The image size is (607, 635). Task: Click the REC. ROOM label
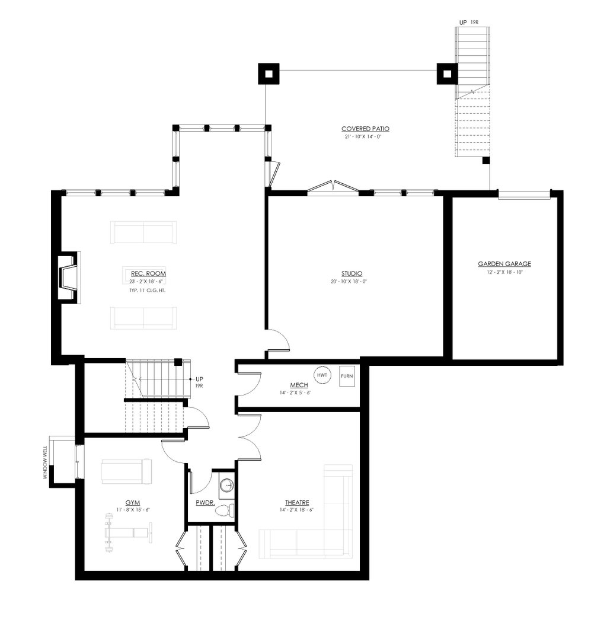(x=148, y=274)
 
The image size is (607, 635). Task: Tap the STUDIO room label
(x=352, y=274)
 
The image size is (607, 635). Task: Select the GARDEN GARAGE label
(x=504, y=264)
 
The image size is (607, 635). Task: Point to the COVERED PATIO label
(x=365, y=129)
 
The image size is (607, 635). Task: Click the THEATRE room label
(x=297, y=503)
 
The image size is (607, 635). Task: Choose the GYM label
(x=132, y=503)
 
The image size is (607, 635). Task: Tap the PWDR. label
(x=205, y=503)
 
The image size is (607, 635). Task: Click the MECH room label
(x=299, y=385)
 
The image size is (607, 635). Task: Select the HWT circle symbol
(x=322, y=375)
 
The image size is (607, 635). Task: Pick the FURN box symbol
(x=347, y=376)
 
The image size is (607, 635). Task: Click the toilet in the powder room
(x=225, y=510)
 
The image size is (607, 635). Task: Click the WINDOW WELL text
(x=45, y=462)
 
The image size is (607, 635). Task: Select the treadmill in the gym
(x=126, y=471)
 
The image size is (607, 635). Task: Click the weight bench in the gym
(x=129, y=533)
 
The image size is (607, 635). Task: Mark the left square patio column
(x=269, y=74)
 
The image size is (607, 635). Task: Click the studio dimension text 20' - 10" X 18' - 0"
(x=349, y=282)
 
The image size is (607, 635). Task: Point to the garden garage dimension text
(x=505, y=272)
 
